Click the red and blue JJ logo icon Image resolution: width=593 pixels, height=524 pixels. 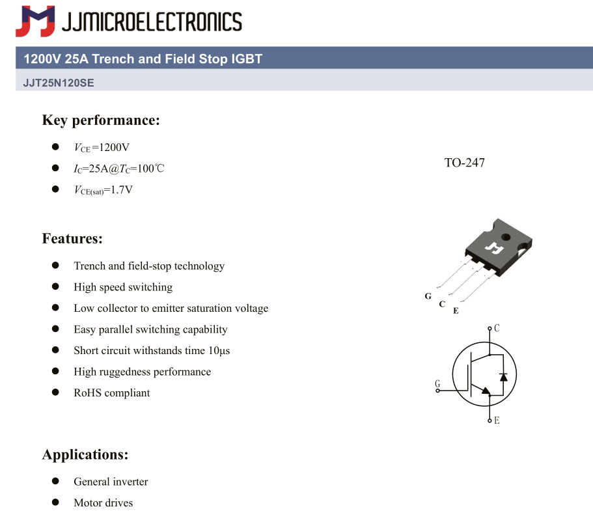click(x=35, y=21)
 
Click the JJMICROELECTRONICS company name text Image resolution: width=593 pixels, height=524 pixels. click(x=152, y=21)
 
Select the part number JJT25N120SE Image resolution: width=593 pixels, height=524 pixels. click(x=59, y=83)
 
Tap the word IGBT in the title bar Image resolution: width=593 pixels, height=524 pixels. click(x=247, y=59)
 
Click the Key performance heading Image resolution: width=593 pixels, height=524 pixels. click(x=101, y=120)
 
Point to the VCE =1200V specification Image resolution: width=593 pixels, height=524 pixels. click(x=102, y=148)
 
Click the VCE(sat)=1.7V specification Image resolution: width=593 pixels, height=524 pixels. click(x=103, y=190)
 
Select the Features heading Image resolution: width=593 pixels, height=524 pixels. click(x=72, y=238)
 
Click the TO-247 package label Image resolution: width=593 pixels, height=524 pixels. click(x=464, y=163)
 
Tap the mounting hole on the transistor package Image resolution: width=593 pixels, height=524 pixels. click(x=506, y=237)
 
